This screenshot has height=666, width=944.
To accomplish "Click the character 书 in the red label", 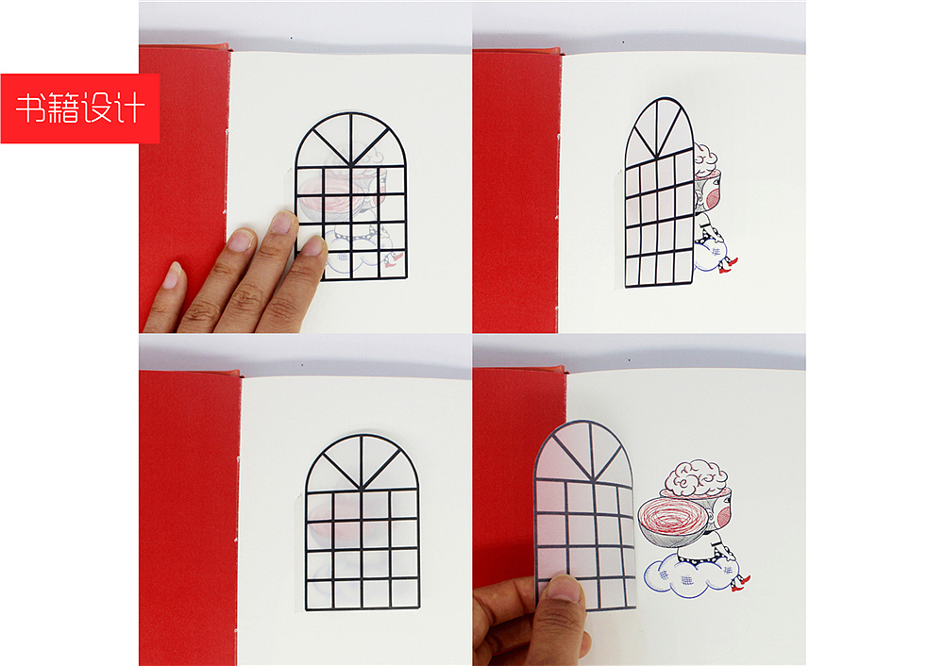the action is [30, 108].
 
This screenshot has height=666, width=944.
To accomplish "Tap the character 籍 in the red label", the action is [62, 108].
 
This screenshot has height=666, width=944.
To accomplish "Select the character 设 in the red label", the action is [96, 108].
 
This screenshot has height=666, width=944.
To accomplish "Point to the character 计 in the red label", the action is [129, 108].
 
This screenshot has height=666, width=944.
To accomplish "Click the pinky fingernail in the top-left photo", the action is [174, 274].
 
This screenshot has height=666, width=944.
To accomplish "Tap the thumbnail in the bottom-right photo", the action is [564, 589].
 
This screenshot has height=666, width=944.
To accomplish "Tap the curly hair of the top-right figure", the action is [705, 158].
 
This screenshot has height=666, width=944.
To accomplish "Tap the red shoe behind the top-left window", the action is [393, 260].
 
